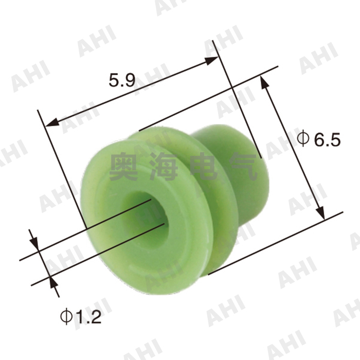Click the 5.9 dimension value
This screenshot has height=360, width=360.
(x=122, y=80)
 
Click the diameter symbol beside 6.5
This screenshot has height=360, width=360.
(x=303, y=138)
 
